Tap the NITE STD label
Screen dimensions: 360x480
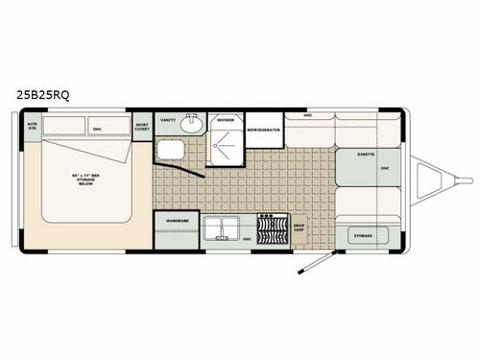(x=33, y=125)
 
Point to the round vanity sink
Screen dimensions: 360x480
(x=191, y=121)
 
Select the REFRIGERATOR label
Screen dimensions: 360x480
(x=263, y=129)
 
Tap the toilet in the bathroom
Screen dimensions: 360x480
(x=171, y=150)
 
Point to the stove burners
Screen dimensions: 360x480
(x=274, y=230)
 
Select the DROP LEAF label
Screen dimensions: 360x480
(x=300, y=229)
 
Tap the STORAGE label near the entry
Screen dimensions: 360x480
(x=363, y=233)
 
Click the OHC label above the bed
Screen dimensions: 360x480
(x=96, y=126)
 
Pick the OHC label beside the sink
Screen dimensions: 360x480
(x=247, y=238)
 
